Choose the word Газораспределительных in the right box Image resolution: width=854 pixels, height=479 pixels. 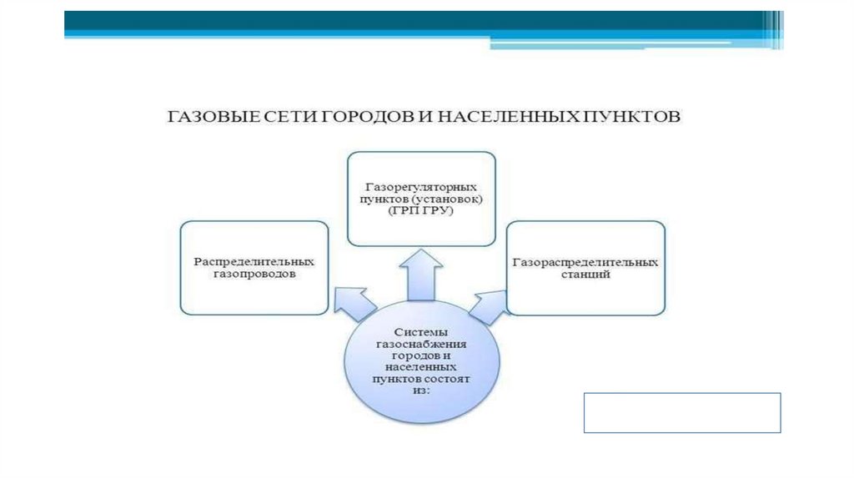tap(585, 262)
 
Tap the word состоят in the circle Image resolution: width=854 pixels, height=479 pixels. tap(450, 377)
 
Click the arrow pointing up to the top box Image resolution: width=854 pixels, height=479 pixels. tap(420, 275)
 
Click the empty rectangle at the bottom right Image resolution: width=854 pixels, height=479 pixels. tap(681, 412)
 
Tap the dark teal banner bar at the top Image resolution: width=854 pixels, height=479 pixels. tap(417, 20)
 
